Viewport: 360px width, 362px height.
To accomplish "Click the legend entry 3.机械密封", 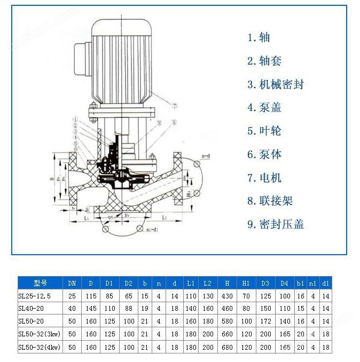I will click(x=276, y=84).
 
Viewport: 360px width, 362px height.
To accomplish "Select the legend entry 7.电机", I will click(x=264, y=178).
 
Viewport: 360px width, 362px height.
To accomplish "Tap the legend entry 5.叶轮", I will click(x=264, y=131).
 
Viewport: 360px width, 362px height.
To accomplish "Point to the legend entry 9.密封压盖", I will click(x=276, y=225).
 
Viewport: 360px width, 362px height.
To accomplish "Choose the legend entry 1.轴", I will click(x=259, y=37).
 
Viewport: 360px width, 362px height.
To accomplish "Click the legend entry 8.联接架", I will click(x=270, y=201).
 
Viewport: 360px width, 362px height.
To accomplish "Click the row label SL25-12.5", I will click(x=37, y=295).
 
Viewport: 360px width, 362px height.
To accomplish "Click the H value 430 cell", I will click(x=227, y=295).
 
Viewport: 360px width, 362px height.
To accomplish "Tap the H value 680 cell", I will click(x=227, y=347).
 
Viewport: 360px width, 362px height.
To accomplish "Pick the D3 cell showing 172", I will click(x=265, y=321).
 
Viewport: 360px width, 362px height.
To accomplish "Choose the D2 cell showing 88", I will click(x=128, y=308).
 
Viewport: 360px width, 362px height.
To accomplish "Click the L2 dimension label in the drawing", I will click(x=166, y=218).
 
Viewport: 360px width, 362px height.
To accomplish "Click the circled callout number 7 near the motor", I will click(x=174, y=106).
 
